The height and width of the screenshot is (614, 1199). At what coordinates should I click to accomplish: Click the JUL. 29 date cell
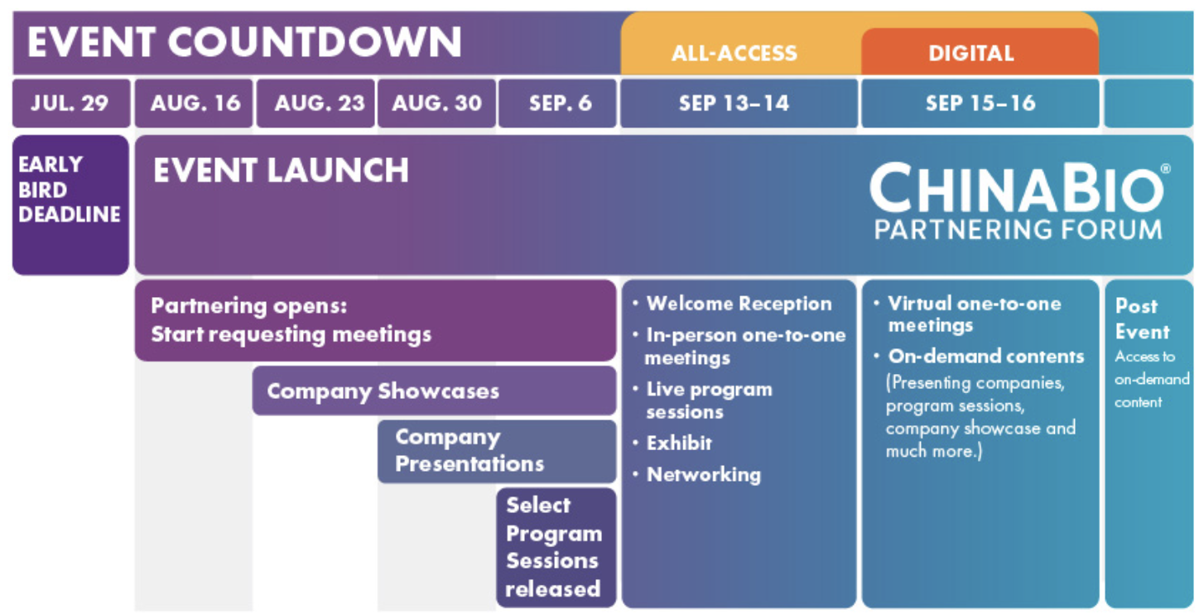(x=71, y=103)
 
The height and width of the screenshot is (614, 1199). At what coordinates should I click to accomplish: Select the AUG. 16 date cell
(x=194, y=103)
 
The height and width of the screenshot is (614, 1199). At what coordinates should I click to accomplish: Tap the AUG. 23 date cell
(x=315, y=103)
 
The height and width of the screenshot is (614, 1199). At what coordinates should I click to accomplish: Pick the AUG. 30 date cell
(x=436, y=103)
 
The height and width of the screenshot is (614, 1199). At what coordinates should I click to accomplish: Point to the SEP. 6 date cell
(x=558, y=103)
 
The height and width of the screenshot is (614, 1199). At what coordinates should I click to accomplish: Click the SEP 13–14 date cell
(x=739, y=103)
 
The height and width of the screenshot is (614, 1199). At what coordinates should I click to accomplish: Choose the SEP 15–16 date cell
(x=980, y=103)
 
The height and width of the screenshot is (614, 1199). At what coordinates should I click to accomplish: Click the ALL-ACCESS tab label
(x=734, y=54)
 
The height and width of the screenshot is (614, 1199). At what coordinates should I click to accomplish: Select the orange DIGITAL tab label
(x=971, y=54)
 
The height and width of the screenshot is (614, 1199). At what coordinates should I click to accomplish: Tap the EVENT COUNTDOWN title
(x=244, y=41)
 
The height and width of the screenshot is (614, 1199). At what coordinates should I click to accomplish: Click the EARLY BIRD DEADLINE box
(x=70, y=205)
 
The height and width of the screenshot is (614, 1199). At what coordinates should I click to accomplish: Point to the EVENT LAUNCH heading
(x=281, y=170)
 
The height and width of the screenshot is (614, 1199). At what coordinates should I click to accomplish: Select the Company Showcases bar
(x=434, y=391)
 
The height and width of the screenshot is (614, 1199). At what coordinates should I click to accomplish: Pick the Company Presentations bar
(x=497, y=452)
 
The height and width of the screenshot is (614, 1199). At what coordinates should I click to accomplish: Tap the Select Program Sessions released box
(x=556, y=548)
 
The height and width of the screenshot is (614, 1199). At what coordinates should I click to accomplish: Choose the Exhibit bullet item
(x=672, y=443)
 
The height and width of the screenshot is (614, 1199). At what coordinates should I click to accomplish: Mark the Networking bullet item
(x=696, y=474)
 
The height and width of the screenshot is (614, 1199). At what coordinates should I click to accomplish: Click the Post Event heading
(x=1142, y=319)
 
